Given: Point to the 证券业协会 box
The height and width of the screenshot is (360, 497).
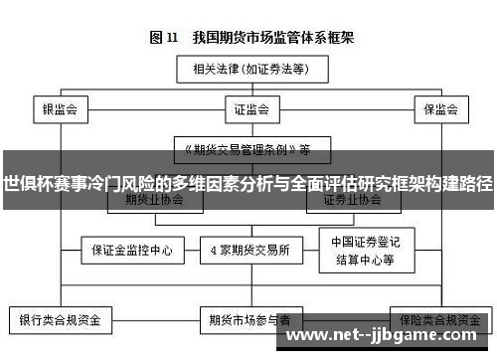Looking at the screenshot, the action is click(352, 198).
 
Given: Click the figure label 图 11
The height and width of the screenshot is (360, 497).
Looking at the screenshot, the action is click(165, 38).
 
